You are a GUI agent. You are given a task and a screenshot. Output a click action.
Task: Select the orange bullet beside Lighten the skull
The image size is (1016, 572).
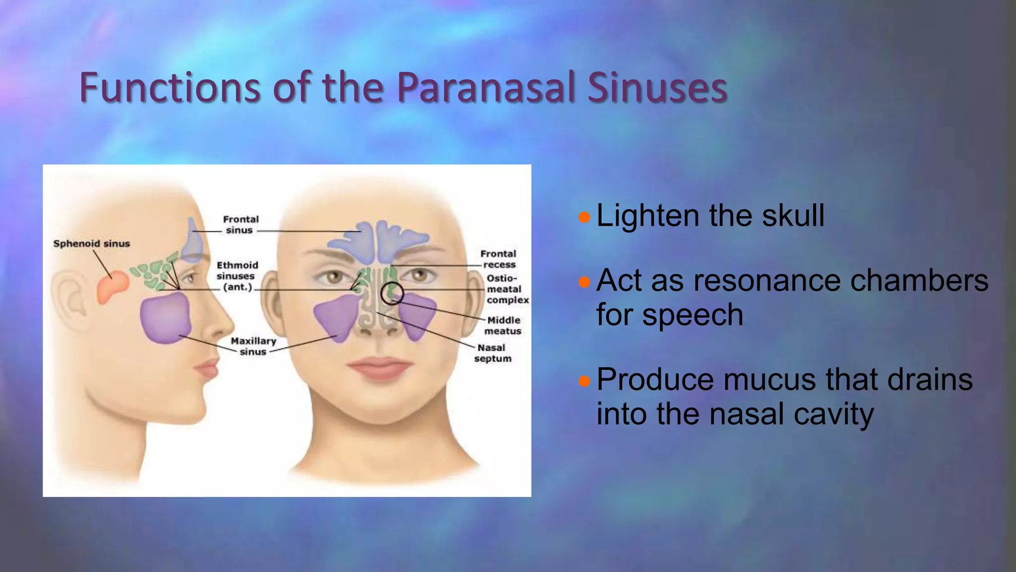coord(584,217)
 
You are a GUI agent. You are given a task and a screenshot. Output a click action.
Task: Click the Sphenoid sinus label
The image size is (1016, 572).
coord(92,244)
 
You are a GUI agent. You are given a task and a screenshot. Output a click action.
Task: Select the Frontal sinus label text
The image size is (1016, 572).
coord(241,224)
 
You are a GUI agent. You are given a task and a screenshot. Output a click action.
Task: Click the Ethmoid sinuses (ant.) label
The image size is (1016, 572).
coord(237,276)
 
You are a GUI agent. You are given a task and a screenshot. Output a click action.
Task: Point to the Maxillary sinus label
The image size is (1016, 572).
coord(253,346)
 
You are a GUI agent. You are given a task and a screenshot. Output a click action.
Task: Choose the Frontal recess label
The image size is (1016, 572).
coord(498,259)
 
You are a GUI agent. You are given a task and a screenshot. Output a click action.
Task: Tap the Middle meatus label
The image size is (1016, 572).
coord(503,326)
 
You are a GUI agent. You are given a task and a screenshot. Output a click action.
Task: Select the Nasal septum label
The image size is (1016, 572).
coord(492,353)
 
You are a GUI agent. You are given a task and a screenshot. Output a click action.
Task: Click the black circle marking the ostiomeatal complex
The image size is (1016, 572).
coord(392,293)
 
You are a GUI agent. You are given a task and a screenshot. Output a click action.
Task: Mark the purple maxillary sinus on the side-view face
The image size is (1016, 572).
coord(165,317)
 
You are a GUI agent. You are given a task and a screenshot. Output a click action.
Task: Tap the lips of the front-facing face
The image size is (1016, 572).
coord(380,368)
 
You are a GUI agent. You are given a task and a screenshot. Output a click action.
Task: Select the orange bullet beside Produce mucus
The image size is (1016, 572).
coord(584,381)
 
